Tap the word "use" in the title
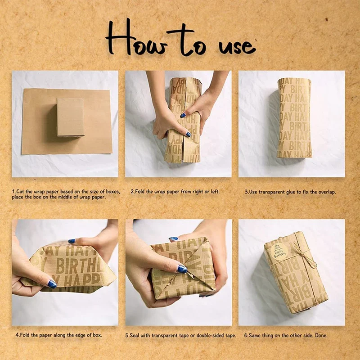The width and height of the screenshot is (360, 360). pyautogui.click(x=237, y=47)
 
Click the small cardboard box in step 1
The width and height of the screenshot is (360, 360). pyautogui.click(x=70, y=117)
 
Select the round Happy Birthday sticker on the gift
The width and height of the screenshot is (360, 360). pyautogui.click(x=279, y=252)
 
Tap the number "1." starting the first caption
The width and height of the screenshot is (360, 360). pyautogui.click(x=14, y=192)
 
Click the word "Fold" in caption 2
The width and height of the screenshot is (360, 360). pyautogui.click(x=139, y=191)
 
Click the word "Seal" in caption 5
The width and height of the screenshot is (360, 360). pyautogui.click(x=135, y=335)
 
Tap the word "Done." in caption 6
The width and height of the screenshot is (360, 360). pyautogui.click(x=321, y=335)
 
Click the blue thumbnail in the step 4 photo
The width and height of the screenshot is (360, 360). pyautogui.click(x=52, y=284)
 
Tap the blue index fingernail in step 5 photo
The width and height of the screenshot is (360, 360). pyautogui.click(x=182, y=269)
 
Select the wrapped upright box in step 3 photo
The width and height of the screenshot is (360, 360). pyautogui.click(x=294, y=118)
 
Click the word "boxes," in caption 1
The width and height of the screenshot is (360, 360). pyautogui.click(x=113, y=192)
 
